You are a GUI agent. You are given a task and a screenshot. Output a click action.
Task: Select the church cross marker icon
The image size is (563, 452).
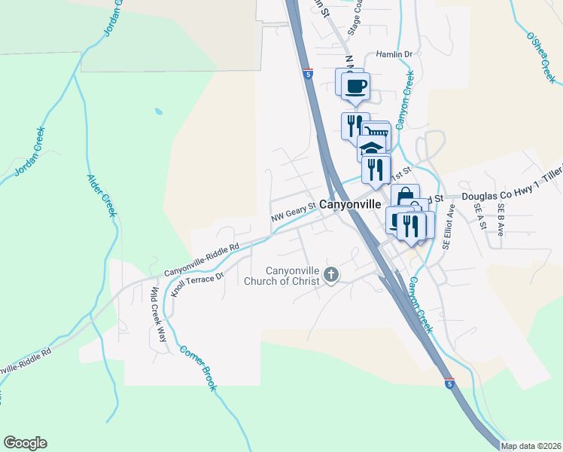point(331,276)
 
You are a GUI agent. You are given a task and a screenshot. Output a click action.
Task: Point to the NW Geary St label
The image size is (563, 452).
point(293,217)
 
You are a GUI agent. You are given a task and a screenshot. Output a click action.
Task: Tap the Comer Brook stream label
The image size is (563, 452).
point(199,368)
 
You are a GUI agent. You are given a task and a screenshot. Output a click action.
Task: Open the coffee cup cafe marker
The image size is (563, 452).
point(355,84)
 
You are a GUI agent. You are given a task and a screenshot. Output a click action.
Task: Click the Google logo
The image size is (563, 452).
point(25,443)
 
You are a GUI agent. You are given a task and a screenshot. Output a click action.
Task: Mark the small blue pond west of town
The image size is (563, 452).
point(158,112)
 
